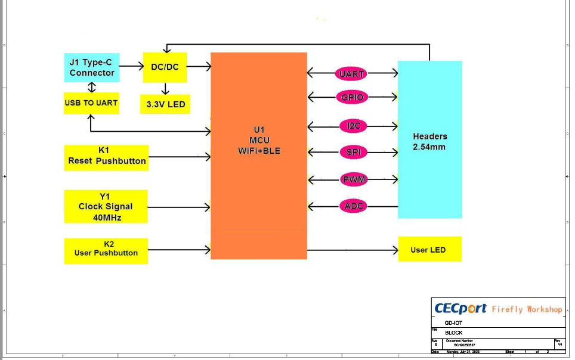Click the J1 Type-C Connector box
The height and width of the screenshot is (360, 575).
click(91, 67)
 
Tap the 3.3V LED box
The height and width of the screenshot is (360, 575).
click(166, 104)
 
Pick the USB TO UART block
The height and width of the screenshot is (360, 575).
click(91, 103)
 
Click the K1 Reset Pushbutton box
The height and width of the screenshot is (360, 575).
click(106, 156)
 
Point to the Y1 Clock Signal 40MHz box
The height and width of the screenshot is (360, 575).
click(106, 206)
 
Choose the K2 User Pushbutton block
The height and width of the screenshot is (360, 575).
click(106, 250)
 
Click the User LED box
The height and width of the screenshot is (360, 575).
click(429, 249)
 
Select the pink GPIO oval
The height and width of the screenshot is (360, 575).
click(352, 97)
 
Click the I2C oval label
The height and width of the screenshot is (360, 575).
click(353, 126)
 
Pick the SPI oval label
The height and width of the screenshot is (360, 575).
click(353, 152)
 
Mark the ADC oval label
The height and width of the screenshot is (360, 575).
click(353, 206)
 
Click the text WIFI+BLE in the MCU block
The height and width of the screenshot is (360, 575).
click(259, 151)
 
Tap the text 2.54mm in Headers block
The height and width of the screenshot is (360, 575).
click(429, 147)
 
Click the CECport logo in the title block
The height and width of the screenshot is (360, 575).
click(460, 309)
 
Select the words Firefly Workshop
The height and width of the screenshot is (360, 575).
click(527, 309)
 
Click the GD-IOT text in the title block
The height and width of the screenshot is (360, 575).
click(453, 322)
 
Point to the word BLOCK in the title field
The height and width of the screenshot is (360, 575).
click(453, 333)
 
